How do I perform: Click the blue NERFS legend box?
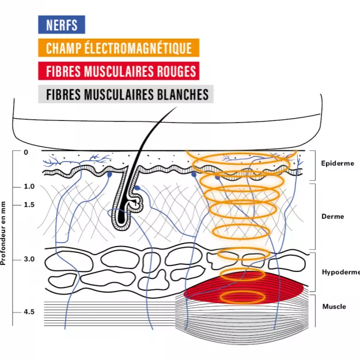click(62, 25)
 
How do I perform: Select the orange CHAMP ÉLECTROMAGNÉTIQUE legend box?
click(119, 48)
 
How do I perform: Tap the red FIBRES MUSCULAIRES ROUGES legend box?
click(119, 71)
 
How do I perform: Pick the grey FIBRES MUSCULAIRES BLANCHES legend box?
click(126, 94)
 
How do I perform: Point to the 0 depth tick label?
click(26, 152)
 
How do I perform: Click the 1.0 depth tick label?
click(29, 187)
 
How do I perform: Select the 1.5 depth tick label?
click(29, 204)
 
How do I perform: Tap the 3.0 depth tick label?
click(29, 259)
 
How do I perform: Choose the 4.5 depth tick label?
click(29, 312)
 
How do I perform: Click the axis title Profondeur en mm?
click(3, 233)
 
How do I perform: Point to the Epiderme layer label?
click(338, 164)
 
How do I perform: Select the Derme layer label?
click(333, 217)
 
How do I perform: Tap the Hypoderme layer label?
click(341, 272)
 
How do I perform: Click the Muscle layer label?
click(334, 306)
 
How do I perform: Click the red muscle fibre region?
click(244, 287)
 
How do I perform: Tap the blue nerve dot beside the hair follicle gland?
click(137, 188)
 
